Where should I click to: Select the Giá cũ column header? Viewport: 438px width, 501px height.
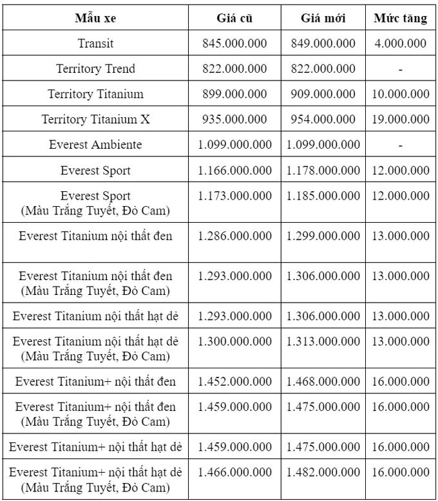(x=234, y=19)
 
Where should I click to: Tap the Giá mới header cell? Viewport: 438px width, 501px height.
(x=323, y=19)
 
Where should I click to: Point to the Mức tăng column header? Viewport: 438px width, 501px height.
(x=401, y=19)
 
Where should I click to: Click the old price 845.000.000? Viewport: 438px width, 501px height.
(x=234, y=44)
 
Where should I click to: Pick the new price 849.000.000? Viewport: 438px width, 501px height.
(x=323, y=44)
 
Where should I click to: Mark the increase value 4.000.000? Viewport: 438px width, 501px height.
(x=401, y=44)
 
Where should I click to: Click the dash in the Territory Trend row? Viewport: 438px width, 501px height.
(x=401, y=69)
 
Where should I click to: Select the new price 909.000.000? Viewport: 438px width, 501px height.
(x=323, y=94)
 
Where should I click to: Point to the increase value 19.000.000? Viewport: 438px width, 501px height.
(x=401, y=120)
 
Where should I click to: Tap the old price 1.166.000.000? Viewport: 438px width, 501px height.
(x=234, y=171)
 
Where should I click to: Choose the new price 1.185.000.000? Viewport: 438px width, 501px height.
(x=323, y=196)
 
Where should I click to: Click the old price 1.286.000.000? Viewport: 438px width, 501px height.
(x=234, y=236)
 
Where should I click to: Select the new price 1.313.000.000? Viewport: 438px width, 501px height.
(x=323, y=341)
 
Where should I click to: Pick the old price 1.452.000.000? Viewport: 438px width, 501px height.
(x=234, y=382)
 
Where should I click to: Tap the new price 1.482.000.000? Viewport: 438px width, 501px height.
(x=323, y=472)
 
